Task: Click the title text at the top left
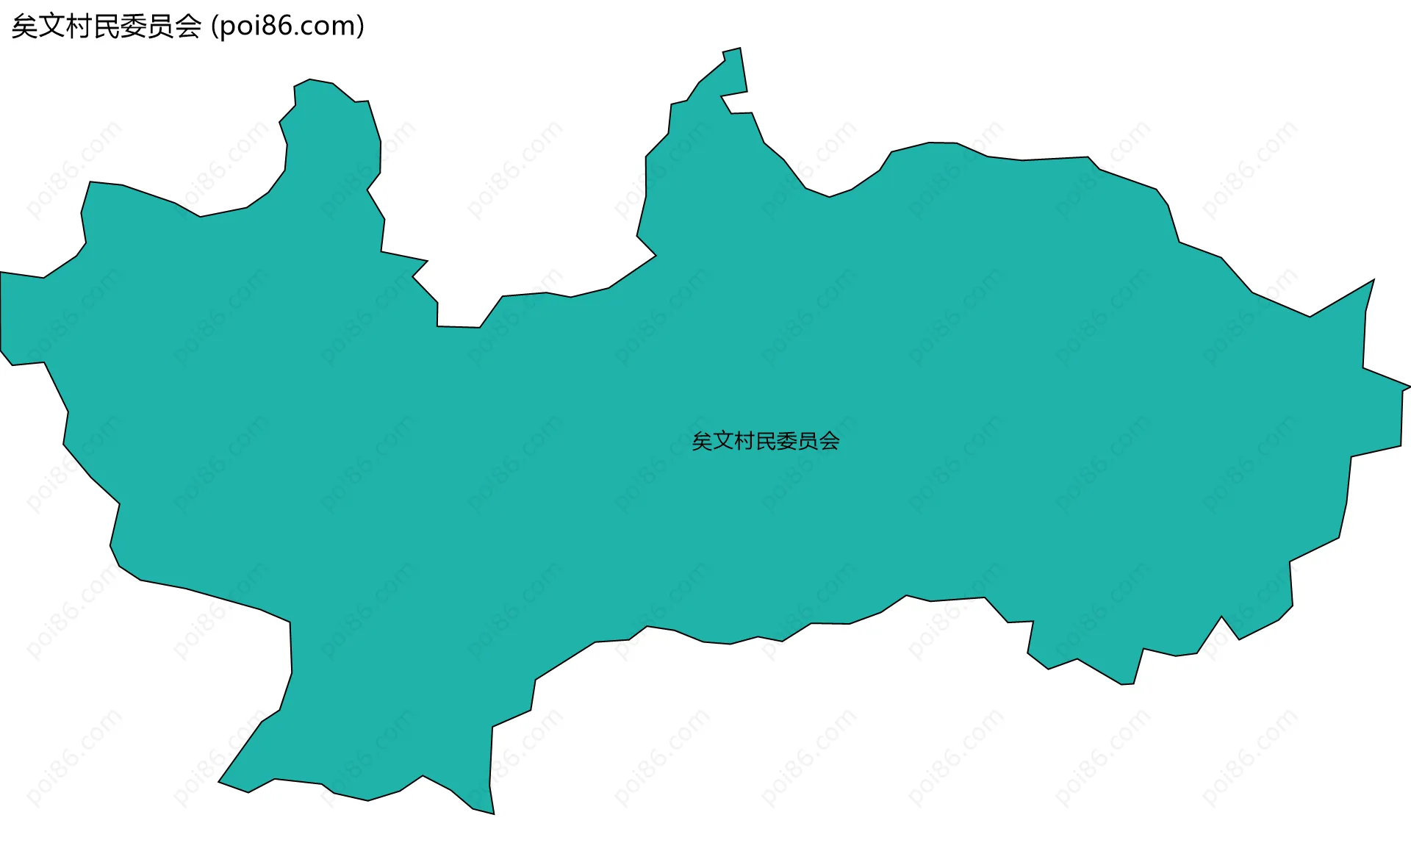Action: click(x=187, y=26)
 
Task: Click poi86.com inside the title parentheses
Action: click(x=287, y=26)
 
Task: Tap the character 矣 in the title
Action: click(x=25, y=26)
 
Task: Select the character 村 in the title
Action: click(x=79, y=26)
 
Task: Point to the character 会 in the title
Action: click(x=188, y=26)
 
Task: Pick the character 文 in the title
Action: click(x=52, y=26)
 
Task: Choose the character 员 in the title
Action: click(x=161, y=26)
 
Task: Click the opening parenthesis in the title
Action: click(x=215, y=26)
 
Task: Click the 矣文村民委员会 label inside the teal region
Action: click(x=765, y=441)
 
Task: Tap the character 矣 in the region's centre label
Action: click(x=702, y=441)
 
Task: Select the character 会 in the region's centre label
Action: click(x=829, y=441)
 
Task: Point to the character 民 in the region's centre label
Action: click(x=765, y=441)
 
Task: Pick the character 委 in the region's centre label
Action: click(x=786, y=441)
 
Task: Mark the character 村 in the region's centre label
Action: click(x=744, y=441)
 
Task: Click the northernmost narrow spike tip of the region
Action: click(x=739, y=49)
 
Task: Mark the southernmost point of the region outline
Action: click(x=493, y=813)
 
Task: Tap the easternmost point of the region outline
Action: click(x=1410, y=387)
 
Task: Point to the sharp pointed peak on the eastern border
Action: click(x=1373, y=281)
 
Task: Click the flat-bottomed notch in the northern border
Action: click(x=459, y=326)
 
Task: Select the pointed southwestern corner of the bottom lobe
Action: click(x=220, y=782)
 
